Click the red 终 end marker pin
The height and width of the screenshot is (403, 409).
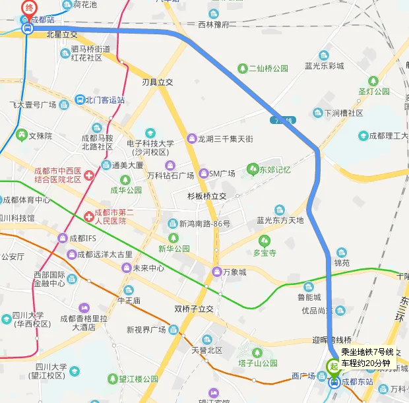[28, 8]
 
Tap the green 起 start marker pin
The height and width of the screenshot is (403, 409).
[334, 366]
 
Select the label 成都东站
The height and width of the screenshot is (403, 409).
[357, 382]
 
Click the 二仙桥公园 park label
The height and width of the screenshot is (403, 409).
[268, 69]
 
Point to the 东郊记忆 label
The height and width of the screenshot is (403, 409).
[274, 170]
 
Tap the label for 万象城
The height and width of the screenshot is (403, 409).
[234, 272]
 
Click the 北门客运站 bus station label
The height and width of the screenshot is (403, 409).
[104, 100]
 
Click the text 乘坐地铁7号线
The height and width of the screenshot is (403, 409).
[367, 352]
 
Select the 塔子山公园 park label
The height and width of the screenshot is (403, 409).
[258, 363]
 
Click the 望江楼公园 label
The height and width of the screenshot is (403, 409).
[138, 379]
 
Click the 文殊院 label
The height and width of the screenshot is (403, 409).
[40, 136]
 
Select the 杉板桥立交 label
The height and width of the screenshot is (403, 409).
[206, 196]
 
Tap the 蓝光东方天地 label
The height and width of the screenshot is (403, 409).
[280, 220]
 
